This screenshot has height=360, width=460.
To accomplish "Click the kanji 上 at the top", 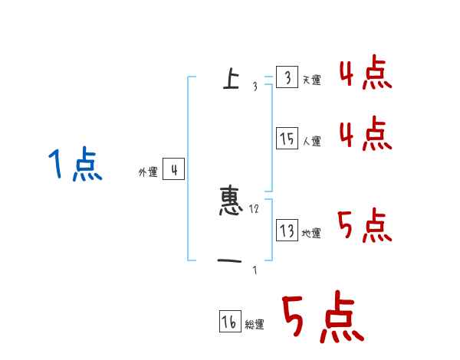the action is [x=230, y=78].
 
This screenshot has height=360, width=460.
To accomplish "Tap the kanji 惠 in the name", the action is [x=232, y=201].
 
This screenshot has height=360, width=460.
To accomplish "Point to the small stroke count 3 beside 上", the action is [x=255, y=87].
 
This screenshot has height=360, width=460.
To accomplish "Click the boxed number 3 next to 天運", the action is [x=287, y=77].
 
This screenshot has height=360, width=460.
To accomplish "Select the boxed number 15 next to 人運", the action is [x=287, y=139].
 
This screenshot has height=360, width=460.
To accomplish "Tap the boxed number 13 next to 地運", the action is [x=287, y=230].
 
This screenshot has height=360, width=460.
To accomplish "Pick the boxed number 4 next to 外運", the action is [x=173, y=170].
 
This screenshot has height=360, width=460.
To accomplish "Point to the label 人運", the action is [x=311, y=142].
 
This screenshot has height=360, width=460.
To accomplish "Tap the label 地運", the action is [x=311, y=233].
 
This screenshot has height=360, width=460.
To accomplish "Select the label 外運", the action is [x=148, y=173].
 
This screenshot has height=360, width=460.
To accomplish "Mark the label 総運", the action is [x=255, y=326].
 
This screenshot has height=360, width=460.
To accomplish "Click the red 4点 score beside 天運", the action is [x=365, y=74].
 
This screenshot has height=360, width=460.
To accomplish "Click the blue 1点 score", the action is [x=75, y=165].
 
